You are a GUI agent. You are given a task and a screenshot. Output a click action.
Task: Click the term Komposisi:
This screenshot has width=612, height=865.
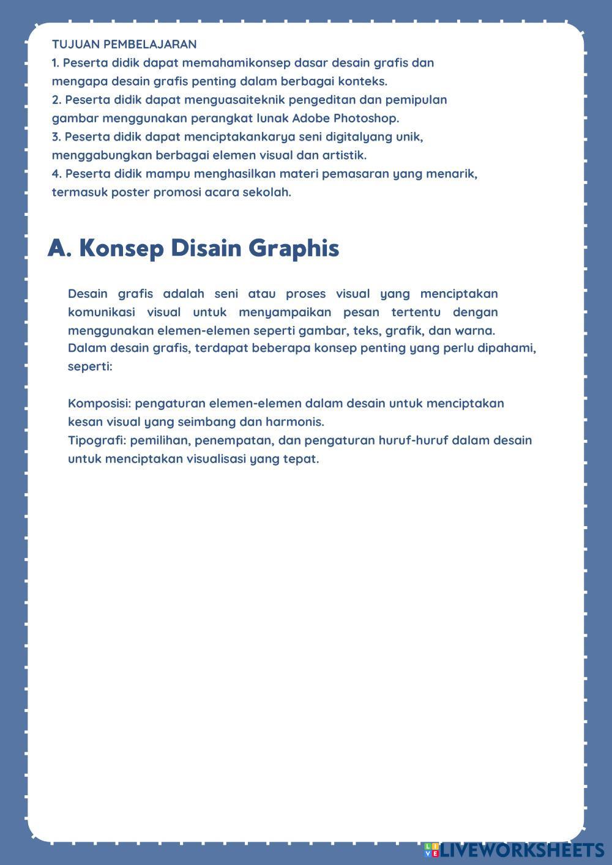100,404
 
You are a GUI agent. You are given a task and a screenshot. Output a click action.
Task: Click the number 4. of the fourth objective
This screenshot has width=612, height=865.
57,174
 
